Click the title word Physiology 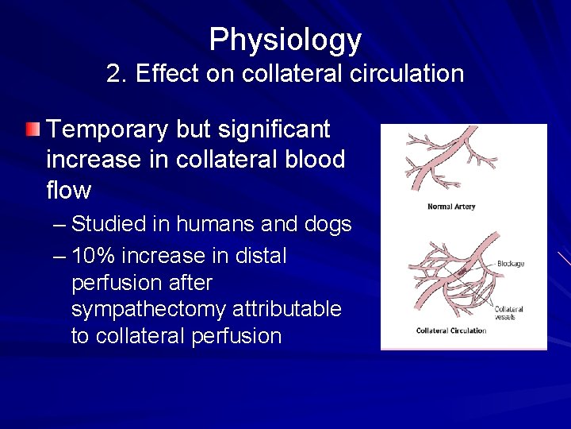[x=285, y=40]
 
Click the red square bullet [x=31, y=129]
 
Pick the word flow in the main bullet [x=69, y=191]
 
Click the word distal [x=259, y=256]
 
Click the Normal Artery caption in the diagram [x=451, y=207]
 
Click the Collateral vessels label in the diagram [x=509, y=312]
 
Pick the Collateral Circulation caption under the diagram [x=451, y=330]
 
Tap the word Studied [x=109, y=225]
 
